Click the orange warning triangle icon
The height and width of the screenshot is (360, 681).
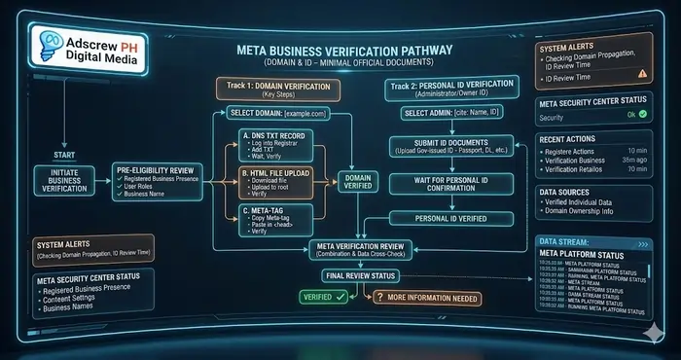click(x=641, y=72)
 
